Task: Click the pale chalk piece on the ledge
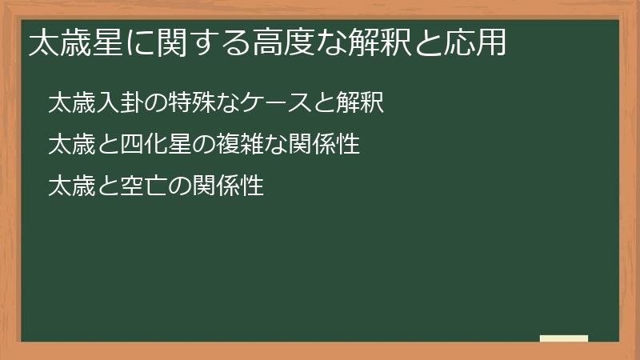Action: (x=564, y=338)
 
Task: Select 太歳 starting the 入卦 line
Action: (x=69, y=102)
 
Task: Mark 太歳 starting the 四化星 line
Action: (x=69, y=145)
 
